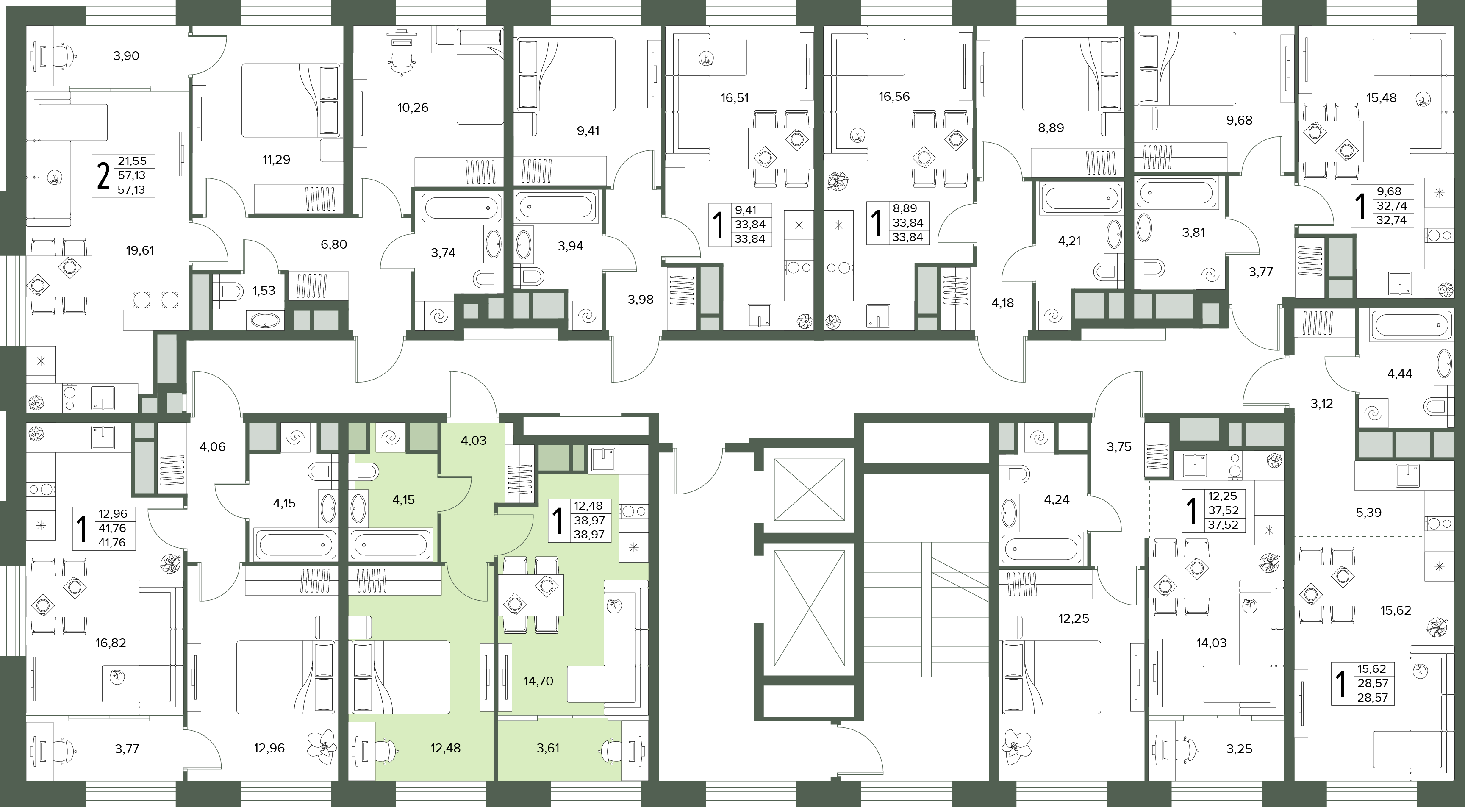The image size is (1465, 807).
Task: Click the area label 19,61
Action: click(x=140, y=250)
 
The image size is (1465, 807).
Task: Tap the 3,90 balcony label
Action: click(x=126, y=56)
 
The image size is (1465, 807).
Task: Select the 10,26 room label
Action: click(x=413, y=108)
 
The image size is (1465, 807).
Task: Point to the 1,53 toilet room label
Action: click(x=264, y=291)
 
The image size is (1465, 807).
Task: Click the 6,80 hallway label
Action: click(x=334, y=244)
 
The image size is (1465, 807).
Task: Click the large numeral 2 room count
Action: click(x=103, y=176)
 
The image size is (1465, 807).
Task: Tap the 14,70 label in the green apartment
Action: click(x=538, y=681)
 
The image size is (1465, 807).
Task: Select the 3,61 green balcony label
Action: click(x=548, y=749)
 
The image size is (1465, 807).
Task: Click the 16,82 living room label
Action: click(x=111, y=643)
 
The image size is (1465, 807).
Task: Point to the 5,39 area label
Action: click(x=1369, y=513)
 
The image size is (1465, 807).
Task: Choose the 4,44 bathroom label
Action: click(x=1400, y=374)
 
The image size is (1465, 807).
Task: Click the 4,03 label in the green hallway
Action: click(x=473, y=440)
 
